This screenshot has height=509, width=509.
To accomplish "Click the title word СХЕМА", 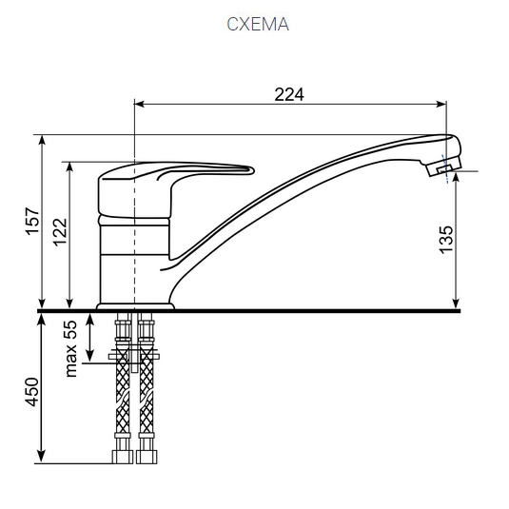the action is (x=258, y=24).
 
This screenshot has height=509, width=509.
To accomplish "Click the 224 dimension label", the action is (x=289, y=95).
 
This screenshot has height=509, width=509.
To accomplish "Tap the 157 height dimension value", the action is (x=32, y=221).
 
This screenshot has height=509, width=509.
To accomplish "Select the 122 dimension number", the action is (x=60, y=232).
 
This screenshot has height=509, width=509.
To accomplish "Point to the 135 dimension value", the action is (x=445, y=240).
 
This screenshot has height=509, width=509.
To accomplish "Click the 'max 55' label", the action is (x=70, y=348).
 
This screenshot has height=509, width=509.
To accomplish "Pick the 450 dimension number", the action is (x=32, y=391).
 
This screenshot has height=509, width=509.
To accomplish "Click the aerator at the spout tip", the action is (x=444, y=166).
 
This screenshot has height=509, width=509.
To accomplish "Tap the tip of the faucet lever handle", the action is (x=252, y=170).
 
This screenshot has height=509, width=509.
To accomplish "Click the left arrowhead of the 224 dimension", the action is (x=139, y=104).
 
